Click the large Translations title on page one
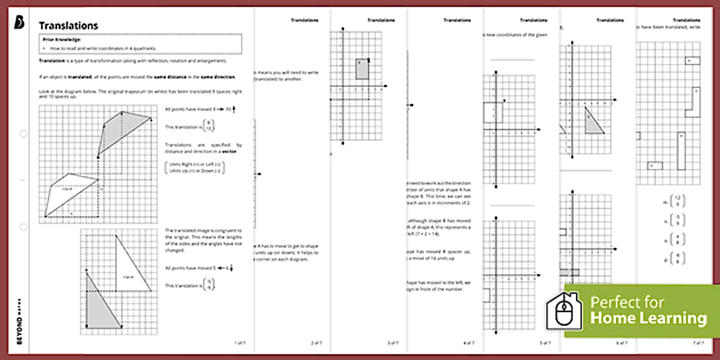click(x=68, y=26)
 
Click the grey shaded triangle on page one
click(x=99, y=303)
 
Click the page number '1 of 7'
click(x=240, y=343)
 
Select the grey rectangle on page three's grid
click(x=362, y=69)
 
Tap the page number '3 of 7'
click(x=393, y=343)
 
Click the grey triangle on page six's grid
click(x=594, y=121)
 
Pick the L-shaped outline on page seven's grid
click(x=694, y=104)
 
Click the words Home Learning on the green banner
click(x=648, y=318)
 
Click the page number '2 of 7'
click(x=316, y=343)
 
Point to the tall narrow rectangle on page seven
click(x=681, y=151)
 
